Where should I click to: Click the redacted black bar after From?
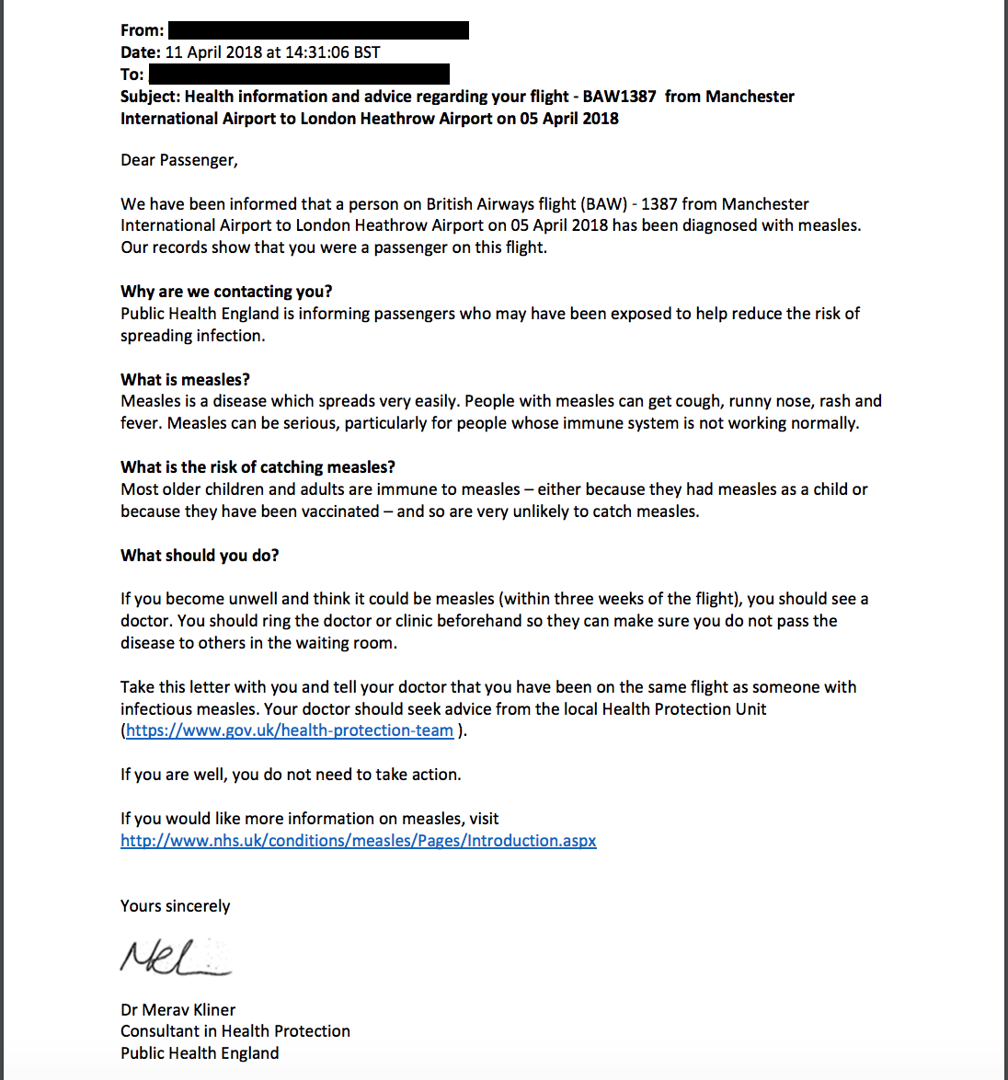[x=318, y=30]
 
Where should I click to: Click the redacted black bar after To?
[x=299, y=74]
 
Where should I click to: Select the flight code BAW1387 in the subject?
[x=619, y=97]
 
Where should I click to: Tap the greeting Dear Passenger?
[x=179, y=160]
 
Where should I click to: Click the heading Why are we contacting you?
[x=226, y=292]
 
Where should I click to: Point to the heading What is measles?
[x=185, y=380]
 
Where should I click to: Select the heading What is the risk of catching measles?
[x=258, y=467]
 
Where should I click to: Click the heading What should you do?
[x=200, y=556]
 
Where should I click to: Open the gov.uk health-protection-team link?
[x=290, y=730]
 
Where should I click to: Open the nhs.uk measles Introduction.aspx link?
[x=359, y=841]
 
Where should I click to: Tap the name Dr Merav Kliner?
[x=178, y=1010]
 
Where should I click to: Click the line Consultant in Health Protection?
[x=235, y=1031]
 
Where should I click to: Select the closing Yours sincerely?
[x=175, y=906]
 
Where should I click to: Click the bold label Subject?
[x=151, y=97]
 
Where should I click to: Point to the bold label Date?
[x=141, y=52]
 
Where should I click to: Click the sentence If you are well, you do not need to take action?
[x=291, y=775]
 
